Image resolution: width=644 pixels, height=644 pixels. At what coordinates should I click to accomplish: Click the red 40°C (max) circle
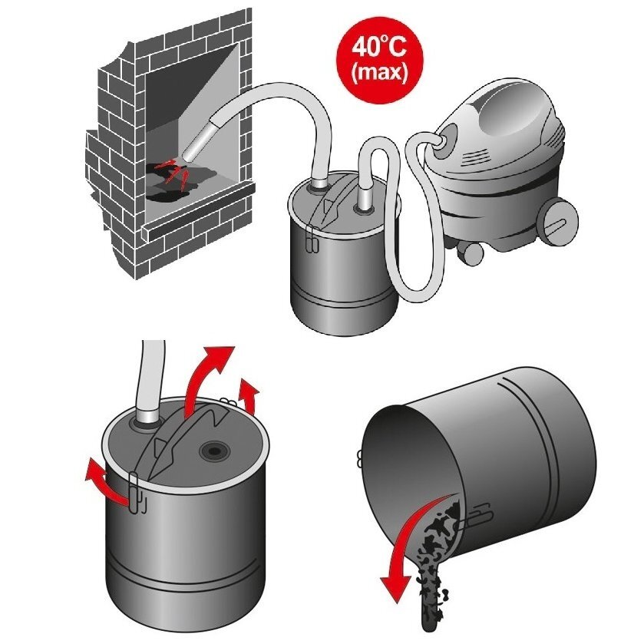(379, 60)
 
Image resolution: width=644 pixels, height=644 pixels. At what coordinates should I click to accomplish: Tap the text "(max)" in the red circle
(379, 73)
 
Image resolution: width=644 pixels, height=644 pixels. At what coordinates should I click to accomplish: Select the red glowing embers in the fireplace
(174, 171)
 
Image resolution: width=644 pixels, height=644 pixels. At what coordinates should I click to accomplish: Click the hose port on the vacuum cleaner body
(444, 142)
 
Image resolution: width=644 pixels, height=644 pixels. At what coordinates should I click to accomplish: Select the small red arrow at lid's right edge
(249, 395)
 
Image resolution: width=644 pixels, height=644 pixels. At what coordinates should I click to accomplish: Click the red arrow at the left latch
(107, 484)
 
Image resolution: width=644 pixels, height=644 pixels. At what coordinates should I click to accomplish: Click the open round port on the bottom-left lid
(214, 451)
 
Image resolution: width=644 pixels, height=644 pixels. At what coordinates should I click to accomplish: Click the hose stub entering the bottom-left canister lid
(145, 418)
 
